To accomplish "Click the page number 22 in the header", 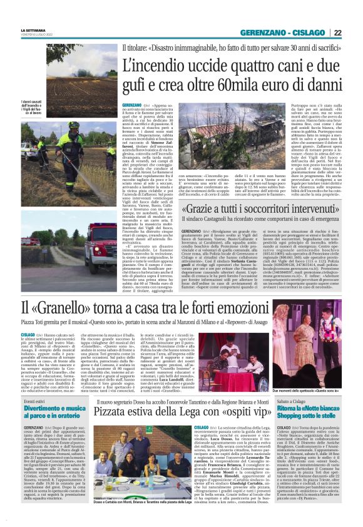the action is point(355,33).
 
